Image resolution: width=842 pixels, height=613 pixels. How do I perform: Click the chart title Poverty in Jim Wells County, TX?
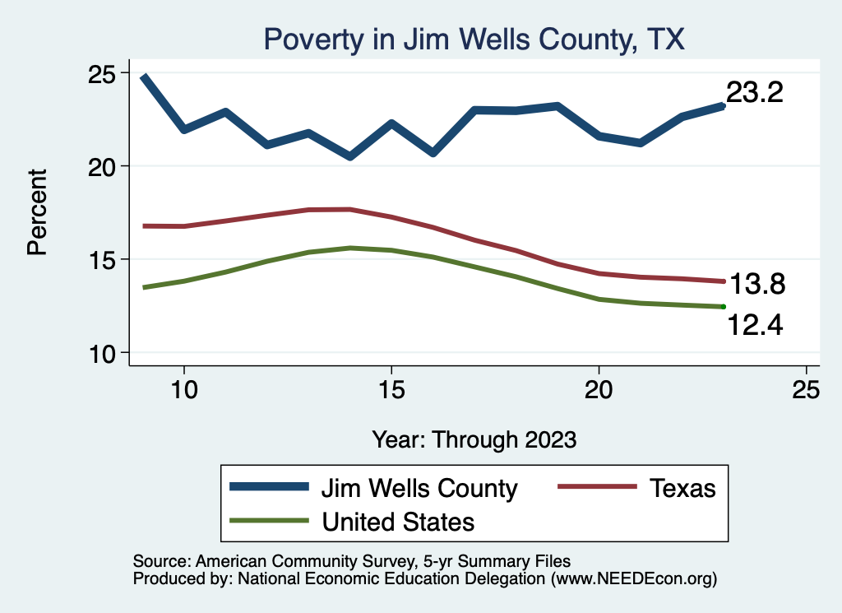point(473,39)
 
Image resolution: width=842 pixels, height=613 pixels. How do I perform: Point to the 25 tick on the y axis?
point(104,73)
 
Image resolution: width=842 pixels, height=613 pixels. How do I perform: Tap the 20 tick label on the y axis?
point(104,166)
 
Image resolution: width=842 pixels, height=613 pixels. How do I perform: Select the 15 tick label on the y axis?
point(104,260)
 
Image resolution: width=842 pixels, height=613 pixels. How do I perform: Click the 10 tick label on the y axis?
point(104,353)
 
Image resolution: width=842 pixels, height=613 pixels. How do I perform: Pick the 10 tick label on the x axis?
point(184,391)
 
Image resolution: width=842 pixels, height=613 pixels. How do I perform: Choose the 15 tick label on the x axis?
point(391,391)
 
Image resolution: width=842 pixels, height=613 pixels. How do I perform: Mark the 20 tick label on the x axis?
point(599,391)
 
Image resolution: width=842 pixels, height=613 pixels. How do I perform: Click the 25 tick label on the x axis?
point(806,391)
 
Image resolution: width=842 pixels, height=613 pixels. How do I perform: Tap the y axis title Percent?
point(38,212)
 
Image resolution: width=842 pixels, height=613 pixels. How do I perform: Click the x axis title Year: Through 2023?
point(474,439)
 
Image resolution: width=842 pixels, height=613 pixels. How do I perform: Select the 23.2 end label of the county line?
point(754,93)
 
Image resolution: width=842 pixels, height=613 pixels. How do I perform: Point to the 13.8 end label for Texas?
point(756,286)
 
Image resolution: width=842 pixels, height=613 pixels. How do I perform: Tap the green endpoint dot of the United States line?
point(723,306)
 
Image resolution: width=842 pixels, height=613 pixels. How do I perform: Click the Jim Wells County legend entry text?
point(419,488)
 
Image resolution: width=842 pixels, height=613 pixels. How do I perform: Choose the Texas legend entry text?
point(682,488)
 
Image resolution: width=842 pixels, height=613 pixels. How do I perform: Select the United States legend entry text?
point(398,522)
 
